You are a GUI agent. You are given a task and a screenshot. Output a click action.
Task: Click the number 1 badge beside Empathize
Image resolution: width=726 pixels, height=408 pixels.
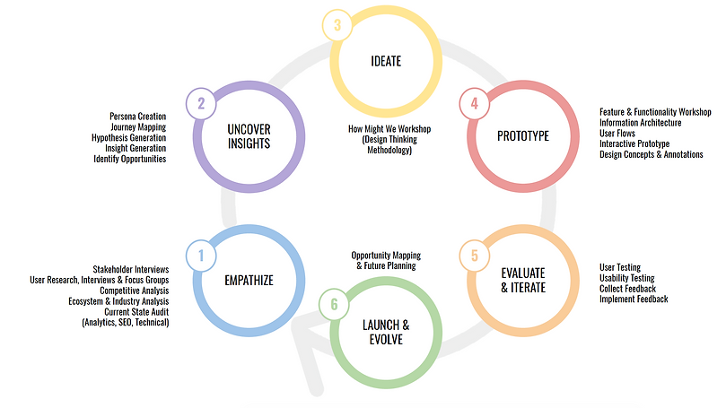point(201,256)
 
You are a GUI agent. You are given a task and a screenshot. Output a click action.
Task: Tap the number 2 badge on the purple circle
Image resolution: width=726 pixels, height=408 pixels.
point(201,104)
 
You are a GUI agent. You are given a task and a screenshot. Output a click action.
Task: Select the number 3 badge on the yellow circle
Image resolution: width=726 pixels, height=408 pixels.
point(337,25)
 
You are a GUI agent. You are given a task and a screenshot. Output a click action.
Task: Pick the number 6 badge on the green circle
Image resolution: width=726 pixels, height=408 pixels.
point(334,305)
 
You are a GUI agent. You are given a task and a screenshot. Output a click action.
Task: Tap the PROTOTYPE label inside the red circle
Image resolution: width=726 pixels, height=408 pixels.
point(522,136)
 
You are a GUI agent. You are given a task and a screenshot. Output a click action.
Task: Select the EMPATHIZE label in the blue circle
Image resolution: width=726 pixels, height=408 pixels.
point(249,281)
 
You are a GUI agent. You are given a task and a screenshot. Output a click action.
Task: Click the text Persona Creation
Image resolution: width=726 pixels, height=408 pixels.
point(137,117)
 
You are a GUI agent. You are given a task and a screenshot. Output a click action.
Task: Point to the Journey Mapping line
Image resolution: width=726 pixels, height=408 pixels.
point(138,127)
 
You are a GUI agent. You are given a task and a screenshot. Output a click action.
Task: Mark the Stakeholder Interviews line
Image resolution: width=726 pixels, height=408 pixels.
point(130,270)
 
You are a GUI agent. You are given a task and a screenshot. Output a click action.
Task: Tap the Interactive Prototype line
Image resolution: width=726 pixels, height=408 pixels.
point(634,144)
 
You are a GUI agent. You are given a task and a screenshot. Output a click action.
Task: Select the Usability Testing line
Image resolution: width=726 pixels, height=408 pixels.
point(626,278)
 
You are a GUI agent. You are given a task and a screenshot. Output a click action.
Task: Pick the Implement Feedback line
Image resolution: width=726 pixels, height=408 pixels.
point(634,299)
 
